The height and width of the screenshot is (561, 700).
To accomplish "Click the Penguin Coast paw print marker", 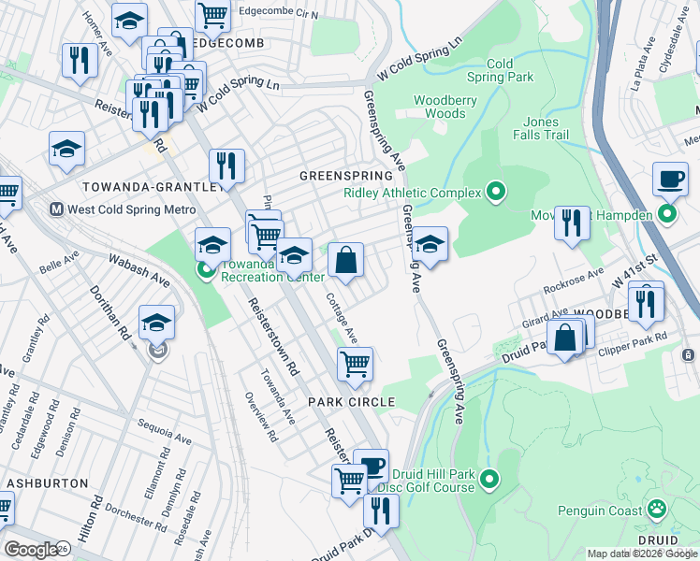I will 658,510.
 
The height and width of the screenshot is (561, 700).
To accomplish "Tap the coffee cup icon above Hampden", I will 670,179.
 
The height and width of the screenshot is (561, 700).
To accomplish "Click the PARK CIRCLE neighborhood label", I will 352,401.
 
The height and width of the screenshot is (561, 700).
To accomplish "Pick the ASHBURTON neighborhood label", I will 47,483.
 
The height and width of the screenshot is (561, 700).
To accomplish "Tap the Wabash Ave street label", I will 138,267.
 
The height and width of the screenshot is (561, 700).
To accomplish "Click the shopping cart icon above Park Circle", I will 355,364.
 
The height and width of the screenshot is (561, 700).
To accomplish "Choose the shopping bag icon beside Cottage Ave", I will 346,260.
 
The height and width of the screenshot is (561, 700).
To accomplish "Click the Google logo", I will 30,550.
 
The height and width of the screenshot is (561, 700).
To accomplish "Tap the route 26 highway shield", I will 64,549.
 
